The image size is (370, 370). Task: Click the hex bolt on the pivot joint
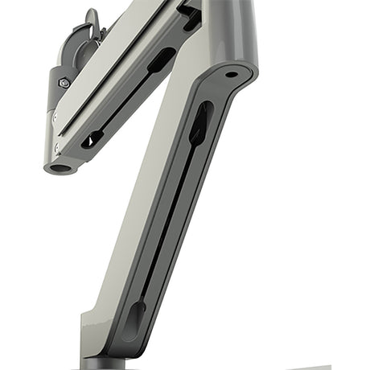(64, 82)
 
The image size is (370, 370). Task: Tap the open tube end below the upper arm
(60, 168)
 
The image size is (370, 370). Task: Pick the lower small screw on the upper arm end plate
(57, 147)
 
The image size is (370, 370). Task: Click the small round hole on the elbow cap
(231, 75)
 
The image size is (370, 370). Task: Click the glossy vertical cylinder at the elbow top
(229, 28)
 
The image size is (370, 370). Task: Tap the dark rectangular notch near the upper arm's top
(190, 14)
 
